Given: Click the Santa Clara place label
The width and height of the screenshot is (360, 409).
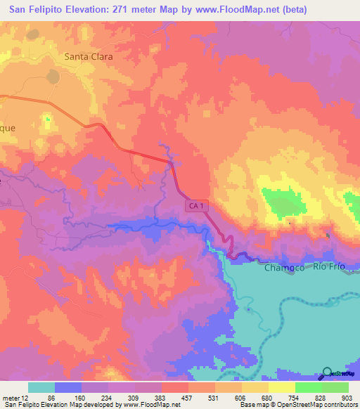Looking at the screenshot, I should (89, 56).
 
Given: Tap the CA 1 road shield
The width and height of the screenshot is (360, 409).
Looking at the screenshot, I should (197, 205).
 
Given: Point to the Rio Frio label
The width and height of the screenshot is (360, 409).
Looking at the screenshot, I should (329, 266).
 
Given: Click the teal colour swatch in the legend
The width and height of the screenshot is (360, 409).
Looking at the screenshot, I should (41, 387).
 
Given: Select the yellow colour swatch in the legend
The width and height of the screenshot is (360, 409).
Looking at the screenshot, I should (282, 387).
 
